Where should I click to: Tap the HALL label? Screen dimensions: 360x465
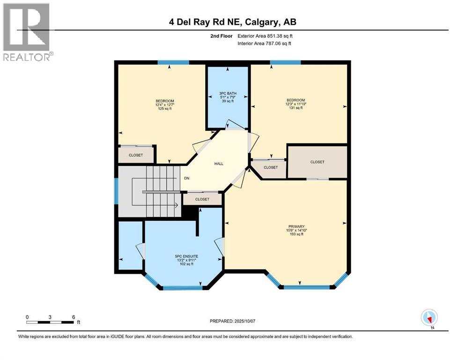(219, 164)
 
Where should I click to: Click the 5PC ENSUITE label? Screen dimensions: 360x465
(186, 256)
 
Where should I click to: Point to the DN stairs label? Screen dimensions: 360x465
(186, 178)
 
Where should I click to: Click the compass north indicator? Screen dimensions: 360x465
(429, 318)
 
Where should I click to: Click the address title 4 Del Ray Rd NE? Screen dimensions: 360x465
(232, 22)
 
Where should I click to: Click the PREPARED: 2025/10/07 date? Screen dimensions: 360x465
(232, 321)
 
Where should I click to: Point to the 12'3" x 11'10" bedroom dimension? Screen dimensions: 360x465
(296, 104)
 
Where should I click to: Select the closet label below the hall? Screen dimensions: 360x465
(202, 199)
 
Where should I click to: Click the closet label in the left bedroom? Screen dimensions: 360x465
(136, 155)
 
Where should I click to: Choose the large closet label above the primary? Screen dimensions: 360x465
(317, 162)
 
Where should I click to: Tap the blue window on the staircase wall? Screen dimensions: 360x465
(116, 191)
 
